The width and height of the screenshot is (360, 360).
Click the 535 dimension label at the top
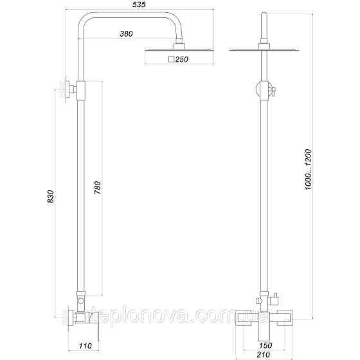tap(138, 6)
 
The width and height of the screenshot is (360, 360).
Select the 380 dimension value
tap(128, 34)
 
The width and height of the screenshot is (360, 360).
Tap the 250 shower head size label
tap(182, 59)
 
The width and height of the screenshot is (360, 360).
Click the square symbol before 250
tap(170, 59)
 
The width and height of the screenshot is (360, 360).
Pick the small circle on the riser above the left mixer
tap(81, 300)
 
